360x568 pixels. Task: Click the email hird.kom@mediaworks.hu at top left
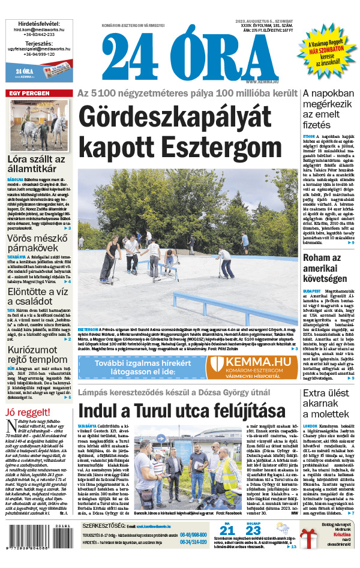coord(36,29)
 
